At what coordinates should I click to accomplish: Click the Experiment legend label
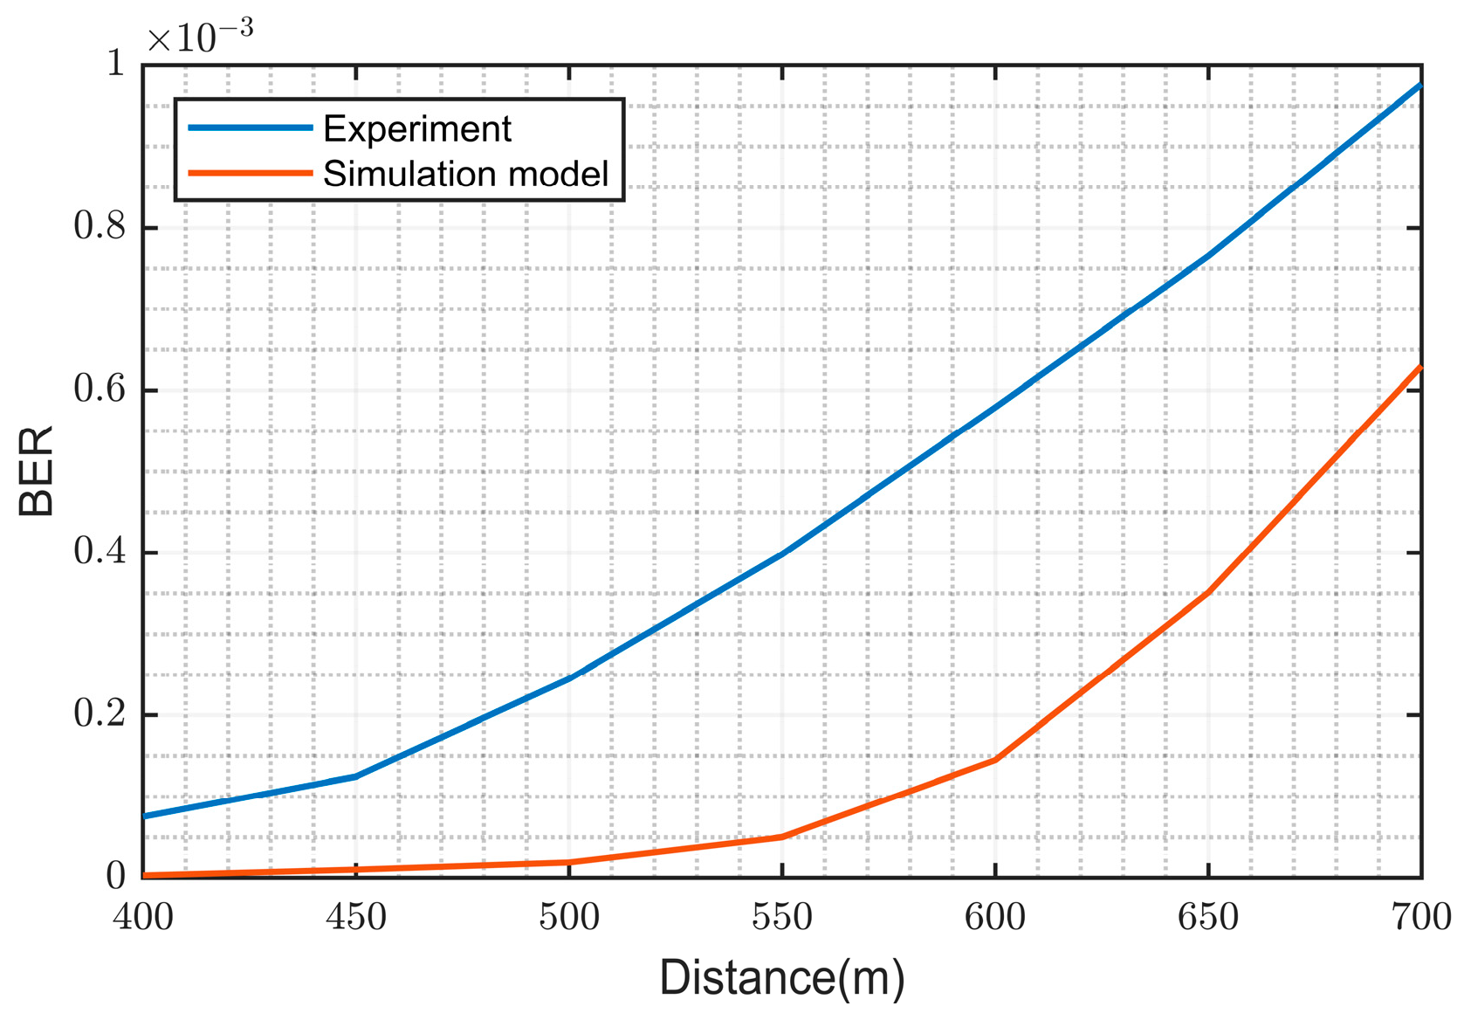[x=416, y=129]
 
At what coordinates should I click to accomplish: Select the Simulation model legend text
[x=465, y=174]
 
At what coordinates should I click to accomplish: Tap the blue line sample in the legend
[x=251, y=127]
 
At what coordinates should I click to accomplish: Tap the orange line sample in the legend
[x=251, y=173]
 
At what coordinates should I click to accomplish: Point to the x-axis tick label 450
[x=356, y=917]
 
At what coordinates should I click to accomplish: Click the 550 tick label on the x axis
[x=782, y=917]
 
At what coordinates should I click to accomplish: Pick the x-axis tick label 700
[x=1421, y=917]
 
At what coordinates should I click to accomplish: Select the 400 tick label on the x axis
[x=144, y=917]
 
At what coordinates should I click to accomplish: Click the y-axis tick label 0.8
[x=100, y=227]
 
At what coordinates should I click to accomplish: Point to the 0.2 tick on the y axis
[x=100, y=714]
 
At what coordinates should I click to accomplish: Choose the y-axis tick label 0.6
[x=100, y=389]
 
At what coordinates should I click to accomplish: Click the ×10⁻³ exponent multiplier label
[x=200, y=37]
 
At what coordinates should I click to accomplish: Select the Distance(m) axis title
[x=782, y=978]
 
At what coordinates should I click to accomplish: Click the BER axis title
[x=37, y=472]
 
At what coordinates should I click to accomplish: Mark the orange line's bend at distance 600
[x=995, y=760]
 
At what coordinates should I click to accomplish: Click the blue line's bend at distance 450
[x=356, y=775]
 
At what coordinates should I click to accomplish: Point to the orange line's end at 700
[x=1419, y=368]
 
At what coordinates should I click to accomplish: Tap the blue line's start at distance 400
[x=146, y=816]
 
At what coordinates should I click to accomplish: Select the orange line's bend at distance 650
[x=1208, y=592]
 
